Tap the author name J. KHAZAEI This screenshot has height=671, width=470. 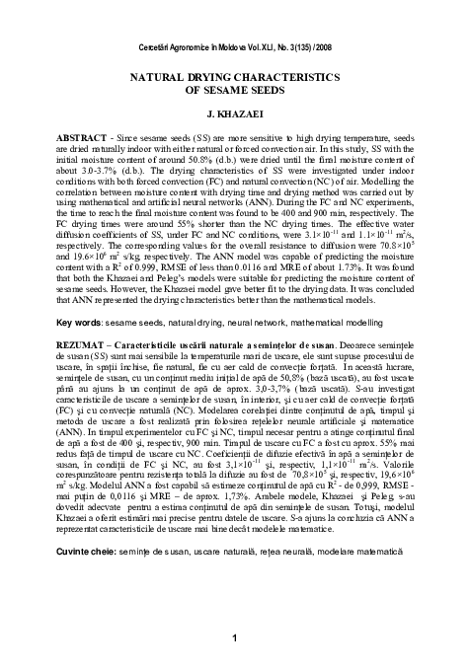tap(235, 113)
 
